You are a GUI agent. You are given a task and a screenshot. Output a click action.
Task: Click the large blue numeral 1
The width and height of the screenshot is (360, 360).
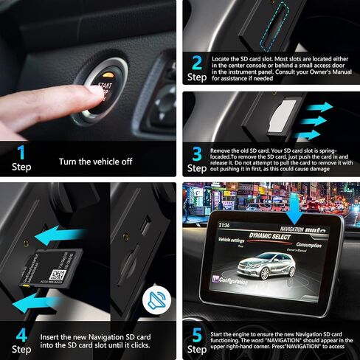click(x=21, y=153)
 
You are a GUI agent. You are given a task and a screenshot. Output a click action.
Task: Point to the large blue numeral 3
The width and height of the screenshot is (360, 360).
click(x=197, y=153)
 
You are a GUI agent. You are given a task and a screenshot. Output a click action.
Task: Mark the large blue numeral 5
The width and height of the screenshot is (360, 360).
click(x=197, y=336)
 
